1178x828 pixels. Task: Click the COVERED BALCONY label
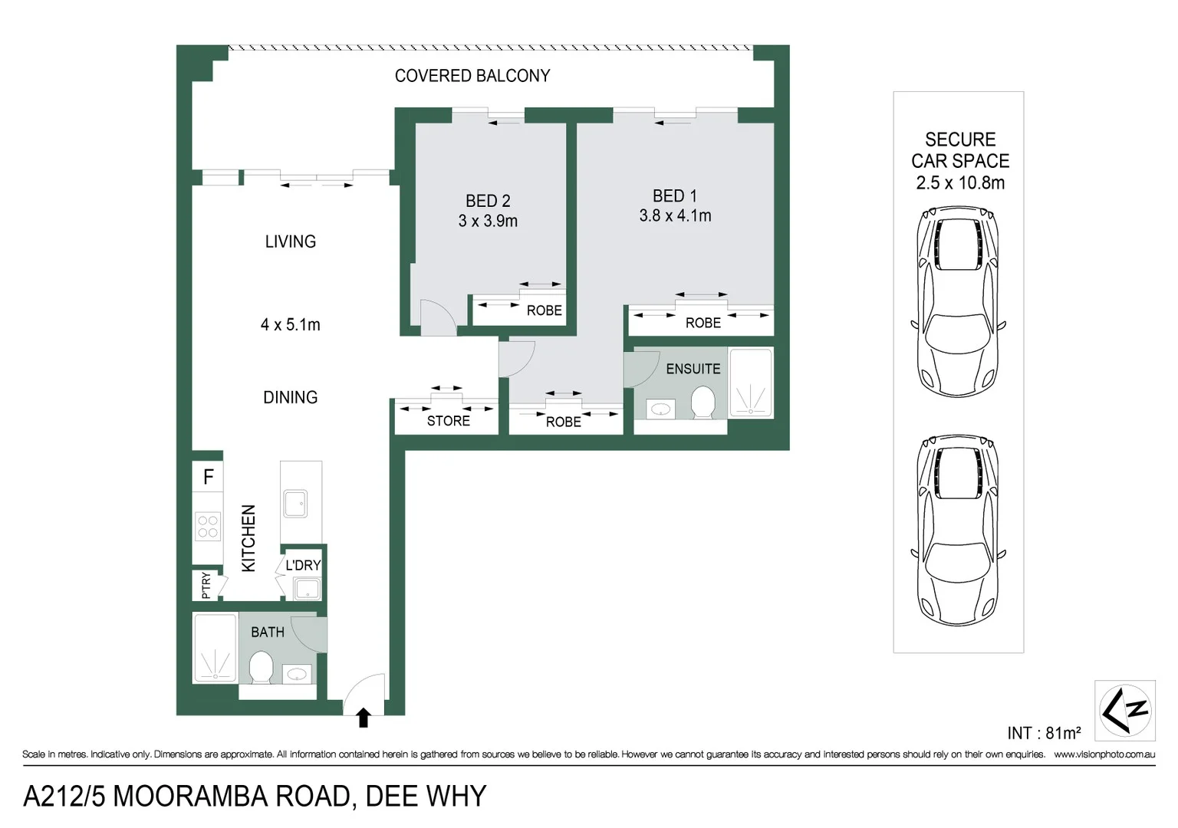[472, 76]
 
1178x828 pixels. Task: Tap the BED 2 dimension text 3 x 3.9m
[488, 221]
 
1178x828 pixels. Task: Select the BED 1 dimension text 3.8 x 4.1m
[675, 216]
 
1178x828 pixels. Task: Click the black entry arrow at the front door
[364, 718]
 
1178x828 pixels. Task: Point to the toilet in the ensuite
[703, 402]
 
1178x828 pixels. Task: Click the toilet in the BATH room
[262, 667]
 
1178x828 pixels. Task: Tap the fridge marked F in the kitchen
[208, 477]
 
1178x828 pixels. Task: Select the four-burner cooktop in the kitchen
[208, 527]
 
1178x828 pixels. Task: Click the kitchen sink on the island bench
[295, 504]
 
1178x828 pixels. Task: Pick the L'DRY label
[303, 565]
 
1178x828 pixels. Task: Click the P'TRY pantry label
[206, 586]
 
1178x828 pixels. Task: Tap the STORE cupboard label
[448, 421]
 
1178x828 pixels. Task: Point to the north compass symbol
[1124, 710]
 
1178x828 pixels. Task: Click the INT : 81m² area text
[1044, 733]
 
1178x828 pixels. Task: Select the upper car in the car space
[958, 301]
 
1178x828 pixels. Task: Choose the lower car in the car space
[958, 529]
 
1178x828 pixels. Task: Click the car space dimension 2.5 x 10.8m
[959, 183]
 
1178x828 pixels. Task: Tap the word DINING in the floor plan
[290, 397]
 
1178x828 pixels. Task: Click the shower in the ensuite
[750, 383]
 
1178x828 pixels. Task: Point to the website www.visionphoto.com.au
[1104, 754]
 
